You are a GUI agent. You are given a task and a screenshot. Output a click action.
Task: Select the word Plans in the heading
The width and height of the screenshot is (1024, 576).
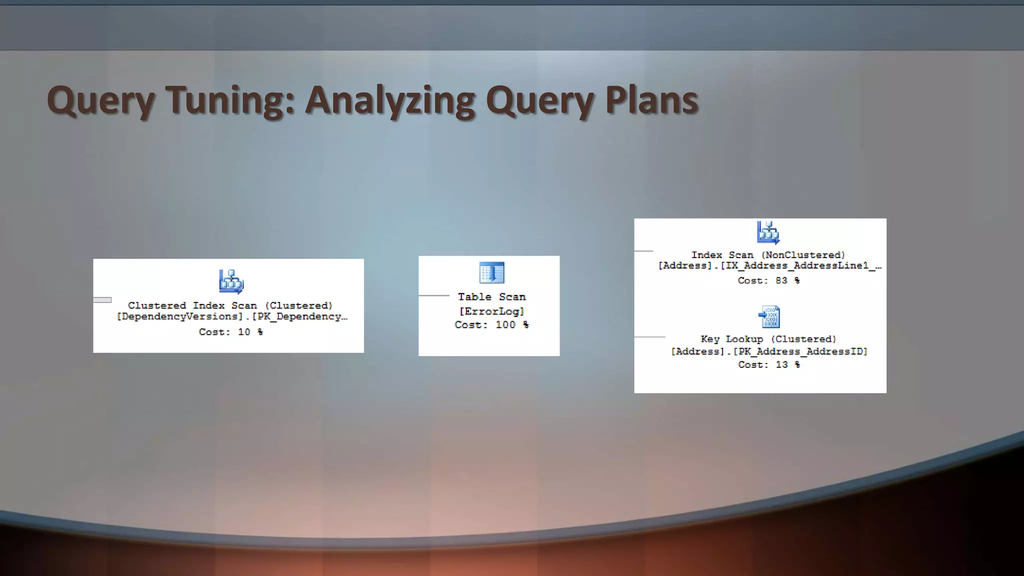pyautogui.click(x=651, y=99)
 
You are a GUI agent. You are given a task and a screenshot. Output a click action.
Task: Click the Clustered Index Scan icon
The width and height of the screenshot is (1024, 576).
pyautogui.click(x=231, y=281)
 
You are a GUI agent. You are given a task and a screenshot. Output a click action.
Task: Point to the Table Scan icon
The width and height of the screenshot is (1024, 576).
pyautogui.click(x=491, y=273)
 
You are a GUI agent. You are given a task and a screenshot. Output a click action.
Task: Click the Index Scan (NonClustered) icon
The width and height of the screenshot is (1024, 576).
pyautogui.click(x=768, y=232)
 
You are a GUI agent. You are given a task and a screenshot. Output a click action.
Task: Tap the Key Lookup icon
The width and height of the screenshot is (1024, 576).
pyautogui.click(x=768, y=317)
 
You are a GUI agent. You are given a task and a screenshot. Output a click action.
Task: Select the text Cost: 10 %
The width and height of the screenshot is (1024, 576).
pyautogui.click(x=230, y=332)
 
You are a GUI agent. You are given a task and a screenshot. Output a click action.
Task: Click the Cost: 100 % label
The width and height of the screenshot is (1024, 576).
pyautogui.click(x=491, y=325)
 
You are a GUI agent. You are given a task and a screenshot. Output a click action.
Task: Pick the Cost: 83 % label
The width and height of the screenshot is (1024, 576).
pyautogui.click(x=768, y=280)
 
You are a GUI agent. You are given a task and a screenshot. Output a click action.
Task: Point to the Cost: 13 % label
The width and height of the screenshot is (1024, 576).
pyautogui.click(x=768, y=364)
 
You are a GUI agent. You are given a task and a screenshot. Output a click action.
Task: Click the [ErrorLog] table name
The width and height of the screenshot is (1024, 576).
pyautogui.click(x=491, y=311)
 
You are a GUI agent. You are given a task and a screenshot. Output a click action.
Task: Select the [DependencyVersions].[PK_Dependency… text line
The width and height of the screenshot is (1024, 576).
pyautogui.click(x=231, y=316)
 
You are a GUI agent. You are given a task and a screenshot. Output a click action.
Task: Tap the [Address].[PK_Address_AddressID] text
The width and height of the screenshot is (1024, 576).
pyautogui.click(x=768, y=351)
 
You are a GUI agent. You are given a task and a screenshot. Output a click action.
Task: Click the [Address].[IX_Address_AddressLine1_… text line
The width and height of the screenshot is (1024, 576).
pyautogui.click(x=769, y=265)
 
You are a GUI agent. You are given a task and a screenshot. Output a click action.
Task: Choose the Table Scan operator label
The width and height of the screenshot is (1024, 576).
pyautogui.click(x=491, y=297)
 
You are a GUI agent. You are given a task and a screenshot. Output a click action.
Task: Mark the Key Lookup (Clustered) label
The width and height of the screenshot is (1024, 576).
pyautogui.click(x=768, y=339)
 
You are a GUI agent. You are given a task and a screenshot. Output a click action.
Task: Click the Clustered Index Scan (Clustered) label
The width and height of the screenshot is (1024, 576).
pyautogui.click(x=230, y=305)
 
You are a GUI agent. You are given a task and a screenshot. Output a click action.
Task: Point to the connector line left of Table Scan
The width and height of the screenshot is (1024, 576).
pyautogui.click(x=433, y=295)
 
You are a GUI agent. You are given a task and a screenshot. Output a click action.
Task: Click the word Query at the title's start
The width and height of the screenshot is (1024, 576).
pyautogui.click(x=100, y=100)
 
